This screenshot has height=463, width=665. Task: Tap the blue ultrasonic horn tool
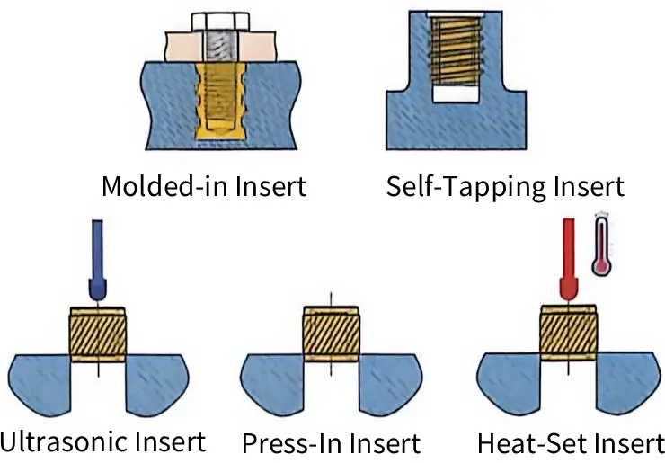pyautogui.click(x=98, y=259)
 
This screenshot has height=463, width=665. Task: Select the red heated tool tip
pyautogui.click(x=568, y=258)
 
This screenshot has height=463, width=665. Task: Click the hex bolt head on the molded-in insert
pyautogui.click(x=220, y=22)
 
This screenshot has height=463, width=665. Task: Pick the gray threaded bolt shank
pyautogui.click(x=220, y=46)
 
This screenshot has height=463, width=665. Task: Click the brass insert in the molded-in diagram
pyautogui.click(x=220, y=101)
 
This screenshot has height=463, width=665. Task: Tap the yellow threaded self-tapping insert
pyautogui.click(x=456, y=51)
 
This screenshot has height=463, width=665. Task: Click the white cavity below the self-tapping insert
pyautogui.click(x=456, y=93)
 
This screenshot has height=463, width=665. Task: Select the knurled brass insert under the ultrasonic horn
pyautogui.click(x=98, y=334)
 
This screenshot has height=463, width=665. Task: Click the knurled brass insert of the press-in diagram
pyautogui.click(x=332, y=334)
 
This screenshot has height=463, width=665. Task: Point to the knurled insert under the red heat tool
pyautogui.click(x=568, y=333)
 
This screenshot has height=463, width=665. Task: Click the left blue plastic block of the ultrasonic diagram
pyautogui.click(x=40, y=383)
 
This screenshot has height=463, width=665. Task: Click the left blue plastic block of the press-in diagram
pyautogui.click(x=272, y=383)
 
